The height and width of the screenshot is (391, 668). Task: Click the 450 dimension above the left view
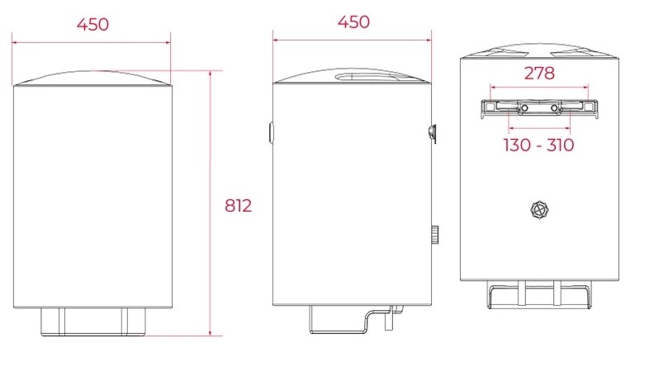(92, 24)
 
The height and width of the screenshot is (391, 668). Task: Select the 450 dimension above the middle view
(353, 22)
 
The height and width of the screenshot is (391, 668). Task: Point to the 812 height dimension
(238, 206)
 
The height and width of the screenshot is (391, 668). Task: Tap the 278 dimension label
(539, 74)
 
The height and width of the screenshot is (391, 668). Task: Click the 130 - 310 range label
(539, 145)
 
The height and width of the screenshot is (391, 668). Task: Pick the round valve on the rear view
(539, 210)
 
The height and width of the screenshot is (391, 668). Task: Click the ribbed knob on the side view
(434, 234)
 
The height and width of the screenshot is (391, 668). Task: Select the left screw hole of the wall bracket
(524, 108)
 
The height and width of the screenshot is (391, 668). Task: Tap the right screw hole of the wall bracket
(554, 108)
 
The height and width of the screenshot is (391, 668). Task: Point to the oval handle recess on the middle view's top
(367, 77)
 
